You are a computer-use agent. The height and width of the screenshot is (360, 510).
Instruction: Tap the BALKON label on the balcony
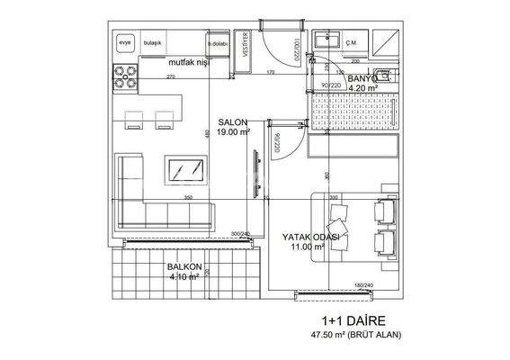click(183, 268)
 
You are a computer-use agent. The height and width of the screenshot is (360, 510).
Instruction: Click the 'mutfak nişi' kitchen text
click(192, 64)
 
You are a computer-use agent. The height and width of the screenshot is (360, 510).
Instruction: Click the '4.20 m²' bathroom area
click(364, 89)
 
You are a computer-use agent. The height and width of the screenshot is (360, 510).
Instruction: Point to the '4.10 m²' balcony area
click(183, 278)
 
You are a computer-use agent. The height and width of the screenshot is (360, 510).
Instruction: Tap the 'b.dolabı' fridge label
click(217, 43)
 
